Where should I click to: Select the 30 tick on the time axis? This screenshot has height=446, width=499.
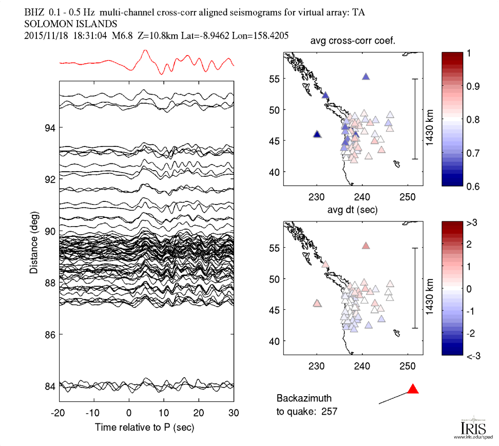(x=234, y=413)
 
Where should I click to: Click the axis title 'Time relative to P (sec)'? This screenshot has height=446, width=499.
(x=145, y=427)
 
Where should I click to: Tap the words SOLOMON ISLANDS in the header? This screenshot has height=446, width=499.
(x=71, y=24)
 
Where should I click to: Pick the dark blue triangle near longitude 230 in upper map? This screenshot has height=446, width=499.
(x=317, y=134)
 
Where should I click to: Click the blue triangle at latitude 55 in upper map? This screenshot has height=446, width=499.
(x=366, y=76)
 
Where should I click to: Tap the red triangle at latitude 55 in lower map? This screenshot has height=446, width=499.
(x=366, y=246)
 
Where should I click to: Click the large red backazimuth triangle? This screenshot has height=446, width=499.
(x=413, y=389)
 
